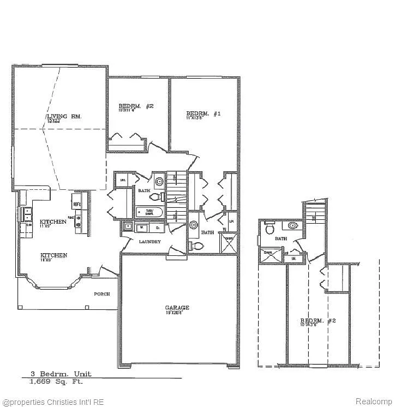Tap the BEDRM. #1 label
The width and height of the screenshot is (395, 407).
click(x=203, y=113)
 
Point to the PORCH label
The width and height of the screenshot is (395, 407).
click(x=101, y=294)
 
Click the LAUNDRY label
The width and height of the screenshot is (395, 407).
click(x=149, y=241)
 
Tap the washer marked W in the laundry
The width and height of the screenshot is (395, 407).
click(x=142, y=226)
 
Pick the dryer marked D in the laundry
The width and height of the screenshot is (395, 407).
click(x=157, y=226)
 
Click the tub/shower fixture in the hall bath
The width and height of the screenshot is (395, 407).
click(x=147, y=212)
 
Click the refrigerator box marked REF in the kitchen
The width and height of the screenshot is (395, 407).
click(x=77, y=203)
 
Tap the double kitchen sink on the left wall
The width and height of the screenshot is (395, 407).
click(x=26, y=214)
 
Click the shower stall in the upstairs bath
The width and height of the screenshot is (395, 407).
click(x=269, y=254)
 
